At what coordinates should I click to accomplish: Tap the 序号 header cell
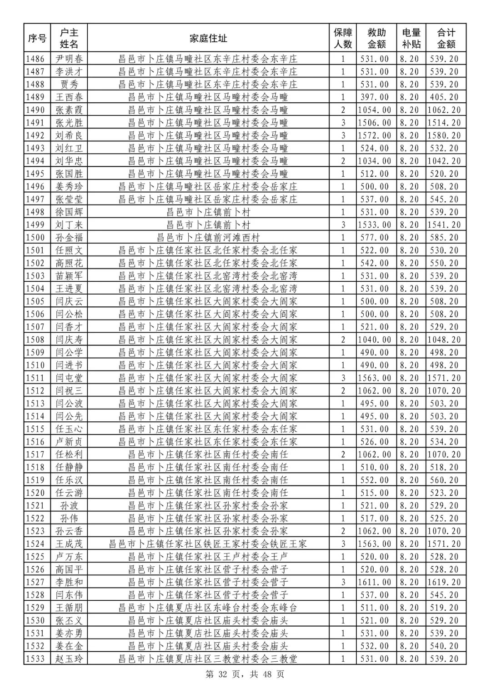click(37, 38)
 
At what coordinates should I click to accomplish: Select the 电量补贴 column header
click(411, 38)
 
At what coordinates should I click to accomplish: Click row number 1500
click(36, 237)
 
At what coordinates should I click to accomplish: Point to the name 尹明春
click(69, 59)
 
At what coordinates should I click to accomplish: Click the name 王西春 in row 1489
click(69, 97)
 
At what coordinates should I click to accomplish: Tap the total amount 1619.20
click(444, 582)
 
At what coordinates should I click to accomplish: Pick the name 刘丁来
click(69, 225)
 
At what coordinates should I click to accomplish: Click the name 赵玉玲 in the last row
click(69, 659)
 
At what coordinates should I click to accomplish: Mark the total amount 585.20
click(444, 237)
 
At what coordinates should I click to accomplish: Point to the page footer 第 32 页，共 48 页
click(245, 674)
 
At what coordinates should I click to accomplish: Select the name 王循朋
click(69, 608)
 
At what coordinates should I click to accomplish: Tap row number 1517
click(36, 454)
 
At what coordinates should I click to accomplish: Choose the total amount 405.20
click(444, 97)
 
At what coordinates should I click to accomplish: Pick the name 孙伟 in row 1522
click(69, 518)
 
